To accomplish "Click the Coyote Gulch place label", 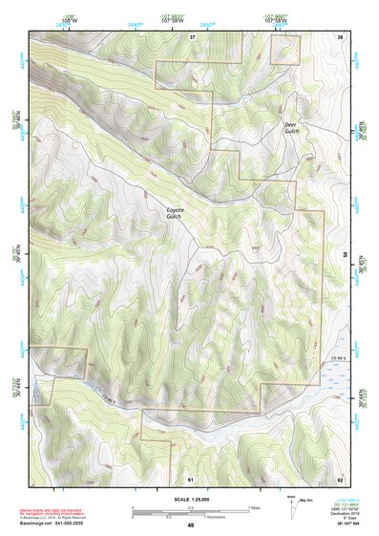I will [x=176, y=213].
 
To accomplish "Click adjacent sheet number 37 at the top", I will [x=192, y=36].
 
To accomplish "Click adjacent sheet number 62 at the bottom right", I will [x=340, y=478].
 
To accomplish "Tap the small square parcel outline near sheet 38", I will [x=285, y=51].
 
